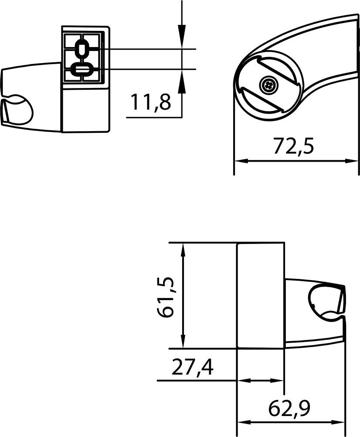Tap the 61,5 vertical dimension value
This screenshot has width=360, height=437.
(x=167, y=296)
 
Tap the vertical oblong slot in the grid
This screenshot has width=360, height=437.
(x=82, y=49)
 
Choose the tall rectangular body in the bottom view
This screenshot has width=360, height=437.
(x=260, y=295)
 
